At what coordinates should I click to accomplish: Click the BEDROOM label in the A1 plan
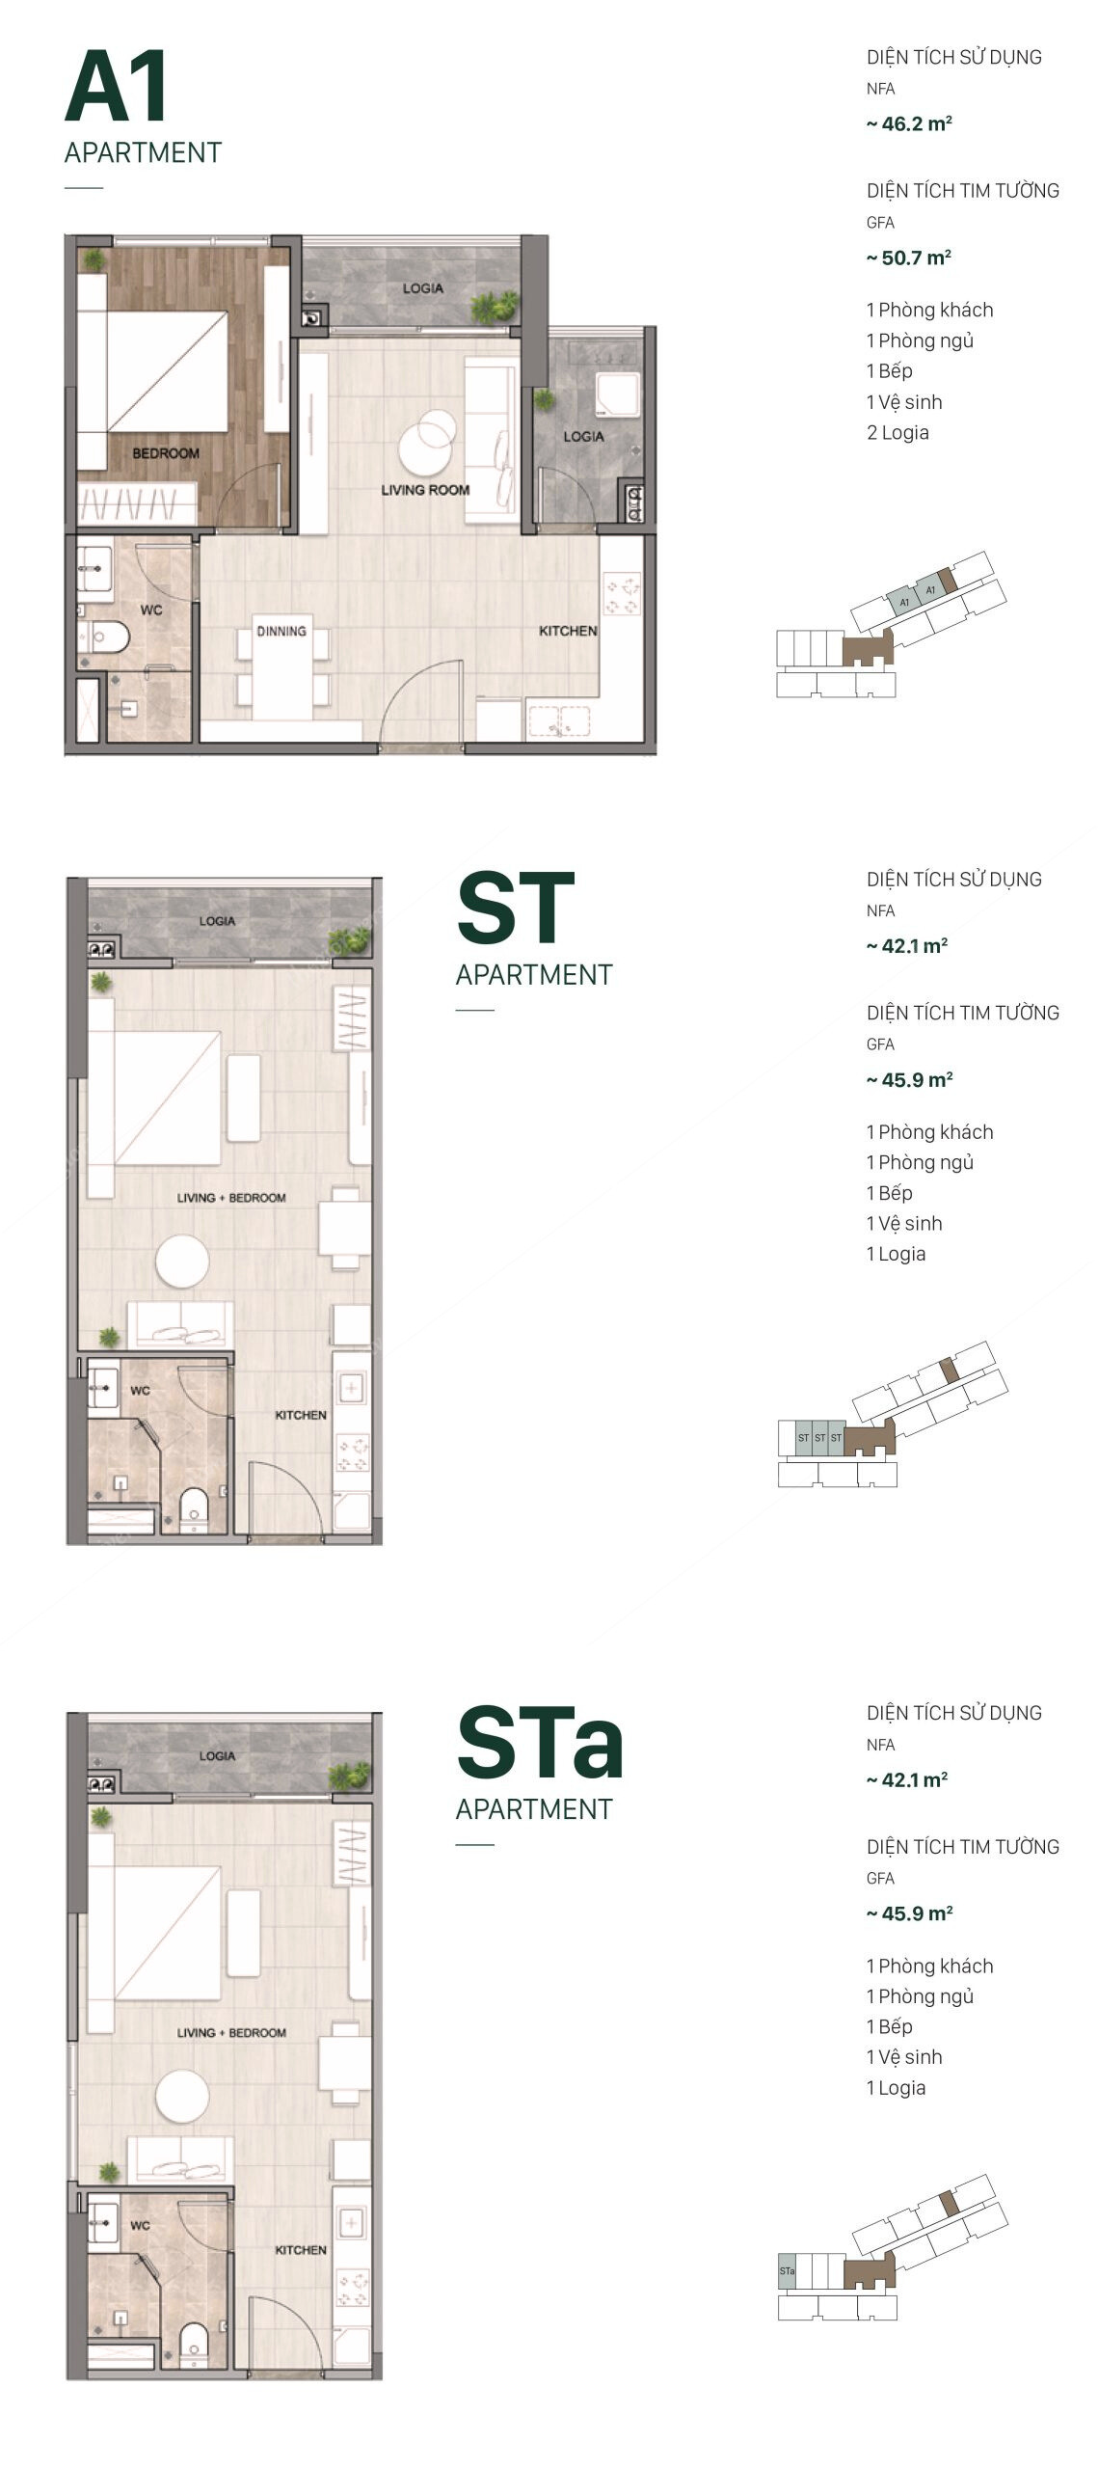pyautogui.click(x=166, y=453)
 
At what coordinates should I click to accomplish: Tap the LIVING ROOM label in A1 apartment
pyautogui.click(x=425, y=490)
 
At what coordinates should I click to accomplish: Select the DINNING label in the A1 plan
pyautogui.click(x=281, y=631)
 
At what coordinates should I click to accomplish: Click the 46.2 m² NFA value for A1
pyautogui.click(x=909, y=124)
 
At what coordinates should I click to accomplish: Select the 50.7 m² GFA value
pyautogui.click(x=909, y=258)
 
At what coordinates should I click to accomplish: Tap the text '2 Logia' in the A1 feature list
pyautogui.click(x=897, y=432)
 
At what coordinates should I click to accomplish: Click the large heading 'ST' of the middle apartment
pyautogui.click(x=515, y=909)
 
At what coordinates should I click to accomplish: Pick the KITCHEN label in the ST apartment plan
pyautogui.click(x=301, y=1415)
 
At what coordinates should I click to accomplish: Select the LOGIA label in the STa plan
pyautogui.click(x=217, y=1755)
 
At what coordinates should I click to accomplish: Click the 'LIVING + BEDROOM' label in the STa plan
pyautogui.click(x=231, y=2032)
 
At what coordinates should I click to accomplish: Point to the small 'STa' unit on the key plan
pyautogui.click(x=787, y=2271)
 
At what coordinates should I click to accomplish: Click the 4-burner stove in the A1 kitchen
pyautogui.click(x=622, y=594)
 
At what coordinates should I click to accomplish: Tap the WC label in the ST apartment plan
pyautogui.click(x=141, y=1391)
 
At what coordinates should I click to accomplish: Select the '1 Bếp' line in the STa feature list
pyautogui.click(x=889, y=2026)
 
